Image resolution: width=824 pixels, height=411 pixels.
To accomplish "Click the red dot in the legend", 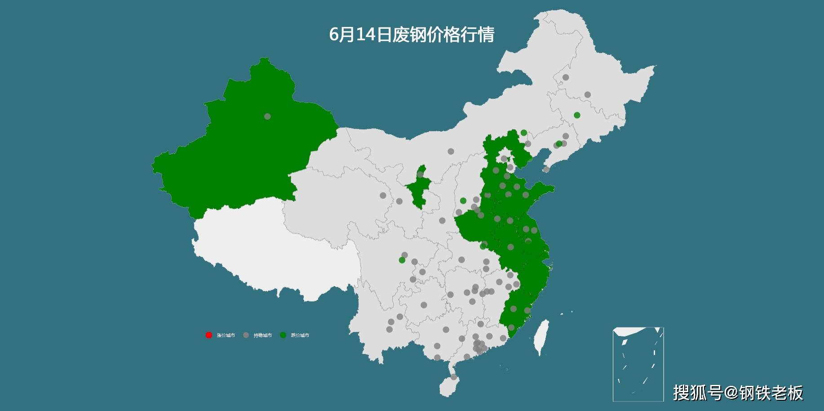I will tap(208, 335).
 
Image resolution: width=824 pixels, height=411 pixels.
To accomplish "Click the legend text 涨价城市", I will tap(226, 336).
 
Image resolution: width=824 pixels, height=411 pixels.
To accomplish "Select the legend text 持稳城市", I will tap(262, 336).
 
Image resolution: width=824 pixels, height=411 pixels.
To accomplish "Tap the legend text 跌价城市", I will tap(300, 336).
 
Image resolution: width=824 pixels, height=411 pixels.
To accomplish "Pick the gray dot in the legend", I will tap(246, 335).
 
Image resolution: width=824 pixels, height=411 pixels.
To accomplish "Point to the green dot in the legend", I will tap(283, 335).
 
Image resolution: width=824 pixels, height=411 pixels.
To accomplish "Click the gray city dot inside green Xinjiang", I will tap(267, 116).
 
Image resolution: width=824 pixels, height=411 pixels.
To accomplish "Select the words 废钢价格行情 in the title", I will tap(443, 35).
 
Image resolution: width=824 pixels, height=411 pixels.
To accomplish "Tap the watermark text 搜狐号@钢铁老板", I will tap(738, 393).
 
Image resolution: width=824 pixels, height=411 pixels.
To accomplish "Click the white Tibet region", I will tap(279, 252).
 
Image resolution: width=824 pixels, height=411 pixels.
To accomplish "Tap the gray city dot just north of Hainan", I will tap(454, 377).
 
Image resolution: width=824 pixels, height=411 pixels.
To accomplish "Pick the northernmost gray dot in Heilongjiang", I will tap(566, 77).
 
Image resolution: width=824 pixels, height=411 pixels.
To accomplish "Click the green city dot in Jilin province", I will tap(577, 115).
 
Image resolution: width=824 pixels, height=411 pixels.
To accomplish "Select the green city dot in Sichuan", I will tap(402, 260).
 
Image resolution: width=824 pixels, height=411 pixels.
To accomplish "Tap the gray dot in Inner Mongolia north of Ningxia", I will tap(451, 151).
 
